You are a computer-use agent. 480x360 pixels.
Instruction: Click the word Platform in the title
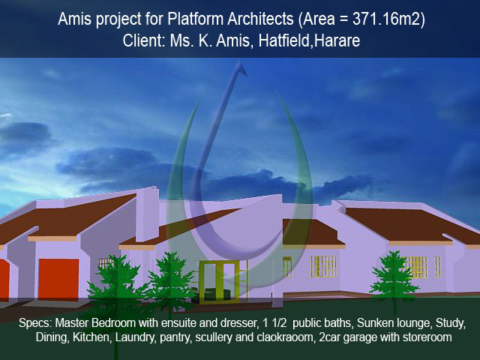click(x=195, y=19)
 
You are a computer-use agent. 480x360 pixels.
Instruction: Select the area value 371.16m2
click(x=387, y=19)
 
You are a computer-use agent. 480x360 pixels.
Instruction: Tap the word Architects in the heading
click(x=260, y=19)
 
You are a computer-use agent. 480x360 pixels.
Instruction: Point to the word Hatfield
click(x=284, y=40)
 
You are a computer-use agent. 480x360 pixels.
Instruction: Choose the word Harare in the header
click(x=337, y=40)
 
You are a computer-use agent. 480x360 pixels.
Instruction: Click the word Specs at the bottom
click(x=35, y=323)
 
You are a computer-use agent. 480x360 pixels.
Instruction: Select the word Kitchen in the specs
click(x=91, y=337)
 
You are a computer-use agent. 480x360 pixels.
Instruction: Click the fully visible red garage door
click(x=58, y=279)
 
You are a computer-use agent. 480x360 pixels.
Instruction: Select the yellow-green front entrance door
click(x=218, y=282)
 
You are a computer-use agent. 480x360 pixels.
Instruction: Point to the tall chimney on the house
click(x=147, y=214)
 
